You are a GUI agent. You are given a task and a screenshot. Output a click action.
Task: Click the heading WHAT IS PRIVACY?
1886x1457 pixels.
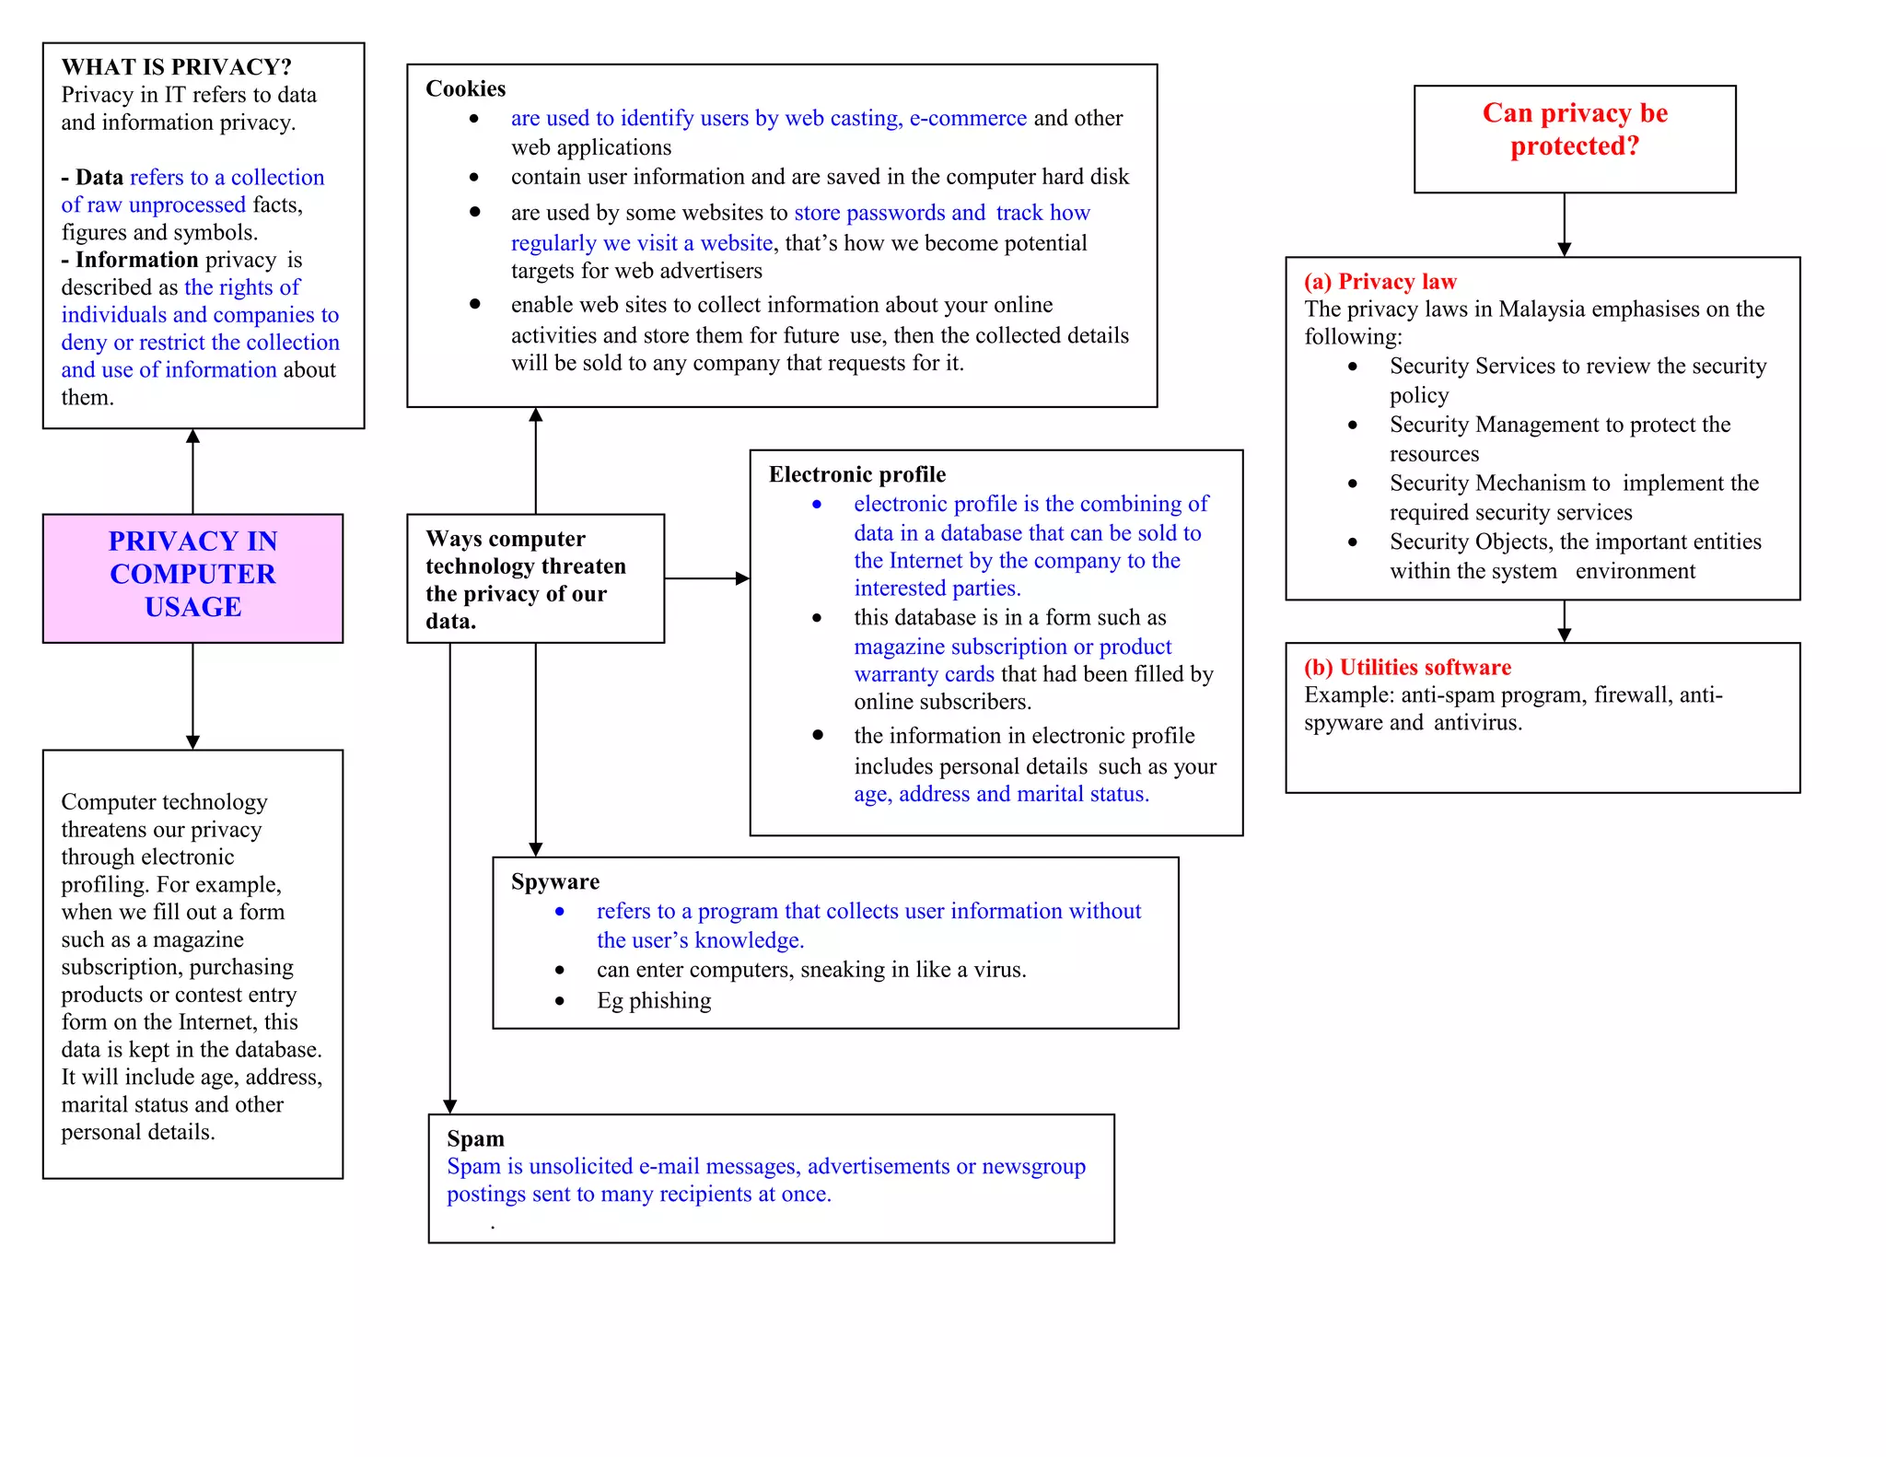(x=176, y=67)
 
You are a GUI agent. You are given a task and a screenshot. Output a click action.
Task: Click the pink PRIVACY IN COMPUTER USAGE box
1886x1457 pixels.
(x=192, y=577)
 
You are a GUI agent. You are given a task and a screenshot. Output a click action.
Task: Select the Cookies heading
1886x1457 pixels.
(x=465, y=88)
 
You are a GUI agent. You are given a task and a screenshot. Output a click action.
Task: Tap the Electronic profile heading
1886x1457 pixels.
(x=856, y=474)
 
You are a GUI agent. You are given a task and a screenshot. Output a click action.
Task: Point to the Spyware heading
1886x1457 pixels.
(x=554, y=882)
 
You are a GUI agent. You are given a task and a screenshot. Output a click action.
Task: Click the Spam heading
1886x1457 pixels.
(x=475, y=1139)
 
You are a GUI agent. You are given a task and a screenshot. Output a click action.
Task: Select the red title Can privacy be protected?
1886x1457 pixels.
(x=1575, y=129)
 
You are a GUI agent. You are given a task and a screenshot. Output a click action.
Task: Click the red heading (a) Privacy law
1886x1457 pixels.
(x=1380, y=282)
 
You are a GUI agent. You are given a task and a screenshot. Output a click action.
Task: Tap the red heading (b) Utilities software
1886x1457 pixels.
(x=1407, y=668)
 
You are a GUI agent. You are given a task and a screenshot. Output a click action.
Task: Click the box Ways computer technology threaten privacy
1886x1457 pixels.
(x=535, y=578)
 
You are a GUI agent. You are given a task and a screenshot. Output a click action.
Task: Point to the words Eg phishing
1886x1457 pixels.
(x=654, y=1001)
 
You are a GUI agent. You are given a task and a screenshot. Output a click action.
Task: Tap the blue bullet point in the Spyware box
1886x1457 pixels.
(x=560, y=912)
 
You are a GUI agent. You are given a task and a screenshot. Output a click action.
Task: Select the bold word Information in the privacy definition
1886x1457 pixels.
(x=136, y=260)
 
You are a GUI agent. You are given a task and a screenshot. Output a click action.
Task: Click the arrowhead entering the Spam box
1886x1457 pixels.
(x=449, y=1106)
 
